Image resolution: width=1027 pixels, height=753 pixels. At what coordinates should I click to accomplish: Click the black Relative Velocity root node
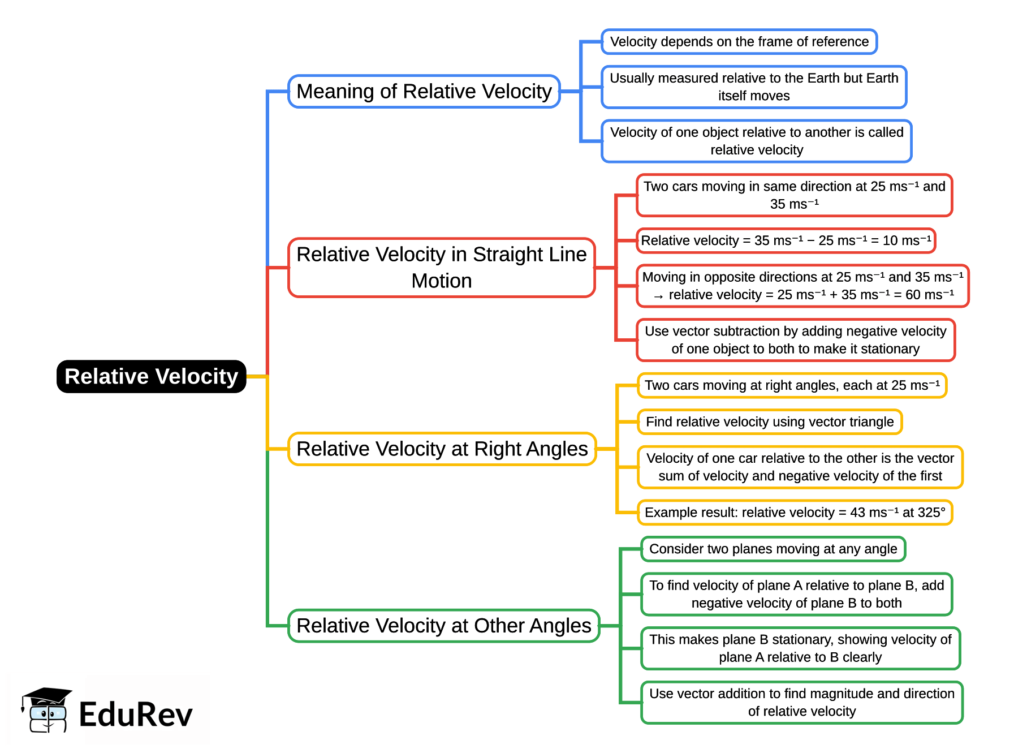[x=151, y=376]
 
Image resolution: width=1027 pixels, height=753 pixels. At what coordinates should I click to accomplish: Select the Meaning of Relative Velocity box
[x=424, y=91]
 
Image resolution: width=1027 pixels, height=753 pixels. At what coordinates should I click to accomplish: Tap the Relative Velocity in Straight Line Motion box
[x=441, y=267]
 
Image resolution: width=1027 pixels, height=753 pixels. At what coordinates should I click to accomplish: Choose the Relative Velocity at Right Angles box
[x=442, y=449]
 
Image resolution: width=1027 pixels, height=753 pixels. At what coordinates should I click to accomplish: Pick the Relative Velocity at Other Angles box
[x=443, y=625]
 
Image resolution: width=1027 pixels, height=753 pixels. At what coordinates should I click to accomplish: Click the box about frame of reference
[x=739, y=41]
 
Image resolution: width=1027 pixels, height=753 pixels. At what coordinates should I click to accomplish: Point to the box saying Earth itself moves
[x=753, y=87]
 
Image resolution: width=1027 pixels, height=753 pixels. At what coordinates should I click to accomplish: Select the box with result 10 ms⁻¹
[x=786, y=240]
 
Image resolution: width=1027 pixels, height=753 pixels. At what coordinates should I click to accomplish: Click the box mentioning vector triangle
[x=769, y=421]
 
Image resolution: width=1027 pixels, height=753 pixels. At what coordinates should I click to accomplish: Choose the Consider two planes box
[x=773, y=549]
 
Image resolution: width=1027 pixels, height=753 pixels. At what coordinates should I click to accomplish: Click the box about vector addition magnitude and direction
[x=801, y=702]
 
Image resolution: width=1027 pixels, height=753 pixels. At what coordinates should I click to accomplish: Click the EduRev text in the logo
[x=136, y=714]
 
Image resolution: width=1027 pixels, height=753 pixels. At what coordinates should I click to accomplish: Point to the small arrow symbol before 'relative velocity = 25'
[x=658, y=296]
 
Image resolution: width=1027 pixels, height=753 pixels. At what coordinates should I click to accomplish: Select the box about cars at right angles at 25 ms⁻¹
[x=791, y=385]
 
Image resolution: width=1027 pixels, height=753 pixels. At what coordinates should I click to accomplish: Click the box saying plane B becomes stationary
[x=800, y=648]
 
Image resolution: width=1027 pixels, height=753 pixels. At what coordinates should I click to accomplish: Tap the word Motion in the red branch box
[x=441, y=281]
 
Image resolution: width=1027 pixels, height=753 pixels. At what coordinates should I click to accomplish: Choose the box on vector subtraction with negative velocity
[x=795, y=340]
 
